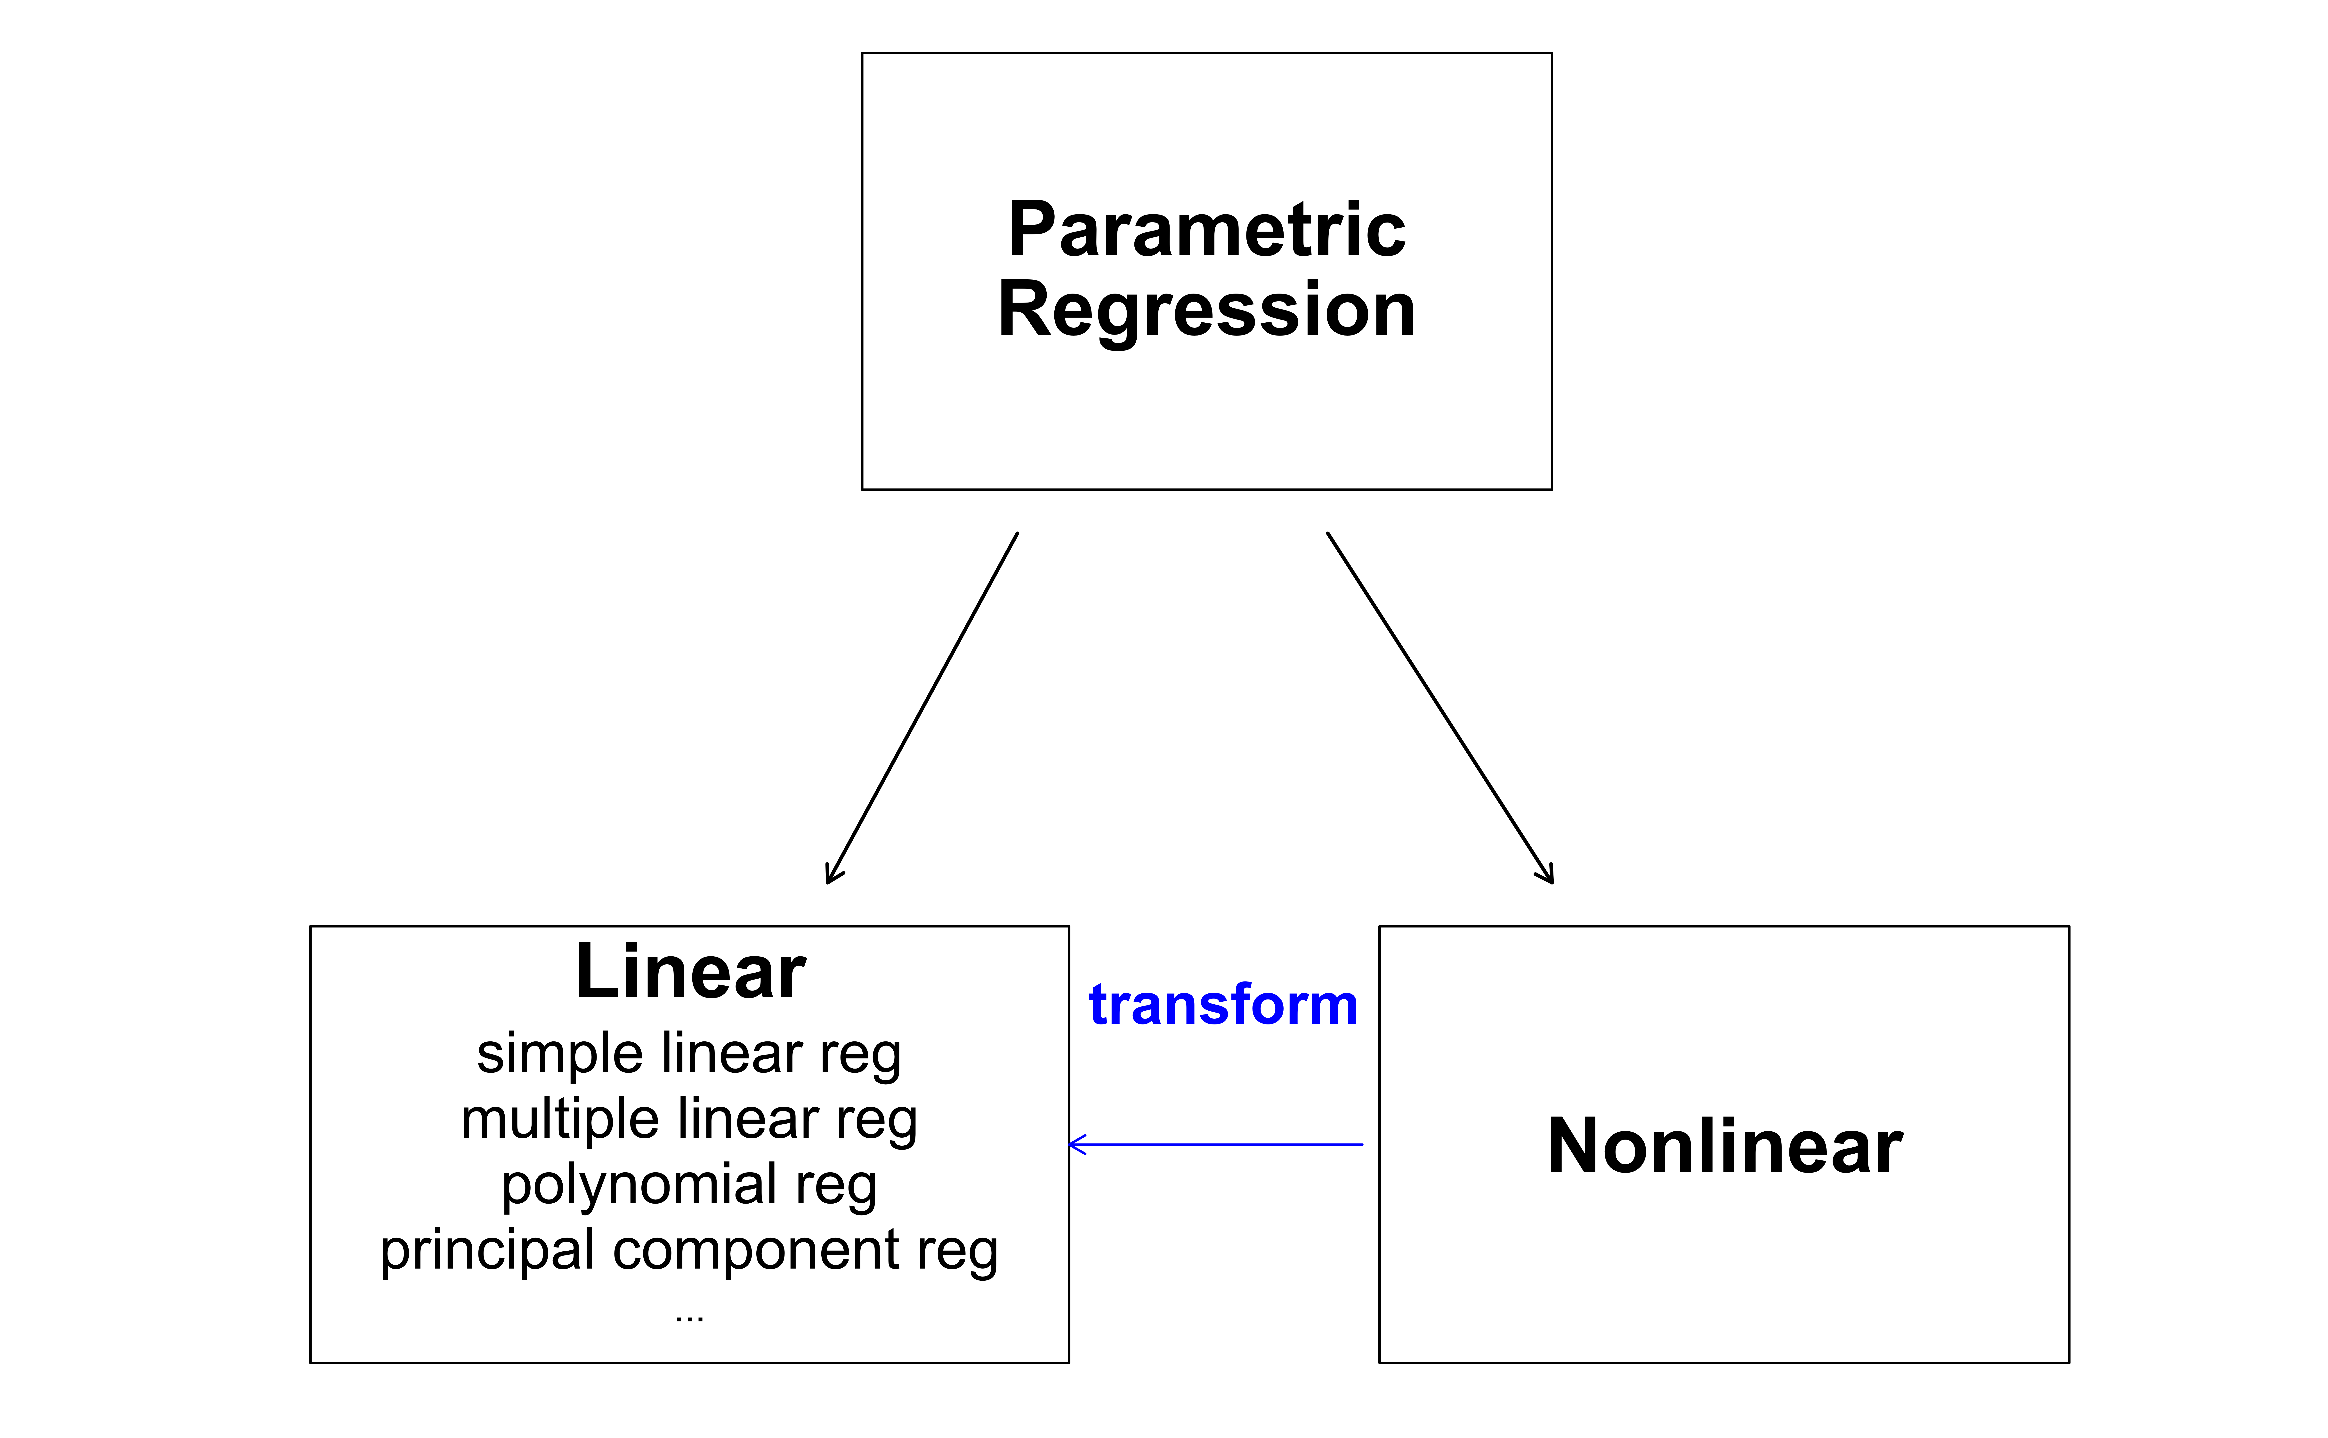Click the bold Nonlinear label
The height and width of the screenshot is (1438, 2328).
[1725, 1146]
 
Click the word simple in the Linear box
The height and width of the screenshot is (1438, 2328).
[559, 1054]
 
